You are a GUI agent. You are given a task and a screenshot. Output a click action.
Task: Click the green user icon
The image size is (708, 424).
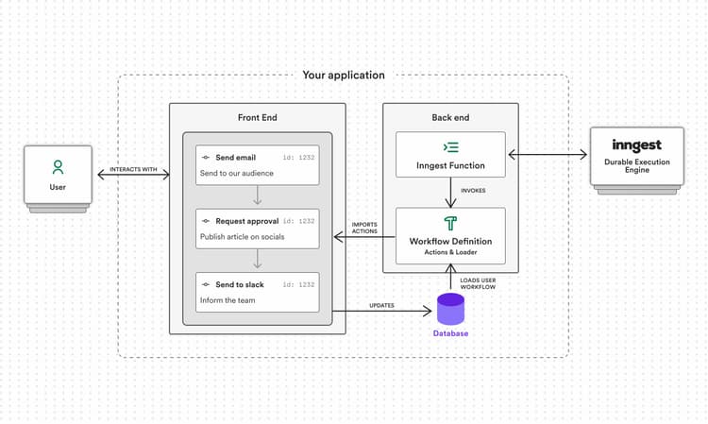coord(58,167)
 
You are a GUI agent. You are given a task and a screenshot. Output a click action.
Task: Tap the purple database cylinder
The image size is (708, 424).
coord(450,309)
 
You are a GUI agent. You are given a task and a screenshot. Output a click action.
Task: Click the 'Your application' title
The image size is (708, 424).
coord(344,75)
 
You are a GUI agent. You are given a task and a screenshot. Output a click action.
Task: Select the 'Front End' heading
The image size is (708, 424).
coord(257,118)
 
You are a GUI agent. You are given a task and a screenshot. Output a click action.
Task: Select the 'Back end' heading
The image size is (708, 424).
coord(450,118)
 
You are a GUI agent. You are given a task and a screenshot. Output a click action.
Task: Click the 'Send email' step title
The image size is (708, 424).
coord(235,156)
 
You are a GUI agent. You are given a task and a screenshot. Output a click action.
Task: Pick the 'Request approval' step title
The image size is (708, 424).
coord(246,220)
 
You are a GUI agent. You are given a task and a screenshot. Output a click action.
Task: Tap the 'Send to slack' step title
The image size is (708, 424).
coord(241,284)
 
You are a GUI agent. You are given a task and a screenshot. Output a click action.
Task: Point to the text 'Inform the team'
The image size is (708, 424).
coord(228,300)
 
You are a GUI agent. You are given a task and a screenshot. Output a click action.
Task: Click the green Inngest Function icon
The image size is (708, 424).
coord(450,147)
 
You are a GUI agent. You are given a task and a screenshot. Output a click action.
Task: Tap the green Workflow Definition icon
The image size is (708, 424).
coord(450,224)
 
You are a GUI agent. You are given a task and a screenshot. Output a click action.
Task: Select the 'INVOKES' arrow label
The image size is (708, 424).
coord(473,191)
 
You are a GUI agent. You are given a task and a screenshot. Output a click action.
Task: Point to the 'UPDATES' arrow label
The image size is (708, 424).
coord(382,304)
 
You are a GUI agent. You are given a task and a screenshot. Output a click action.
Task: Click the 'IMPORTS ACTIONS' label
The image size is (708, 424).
coord(364,228)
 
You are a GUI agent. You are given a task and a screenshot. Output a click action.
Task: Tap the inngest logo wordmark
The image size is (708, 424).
coord(636,145)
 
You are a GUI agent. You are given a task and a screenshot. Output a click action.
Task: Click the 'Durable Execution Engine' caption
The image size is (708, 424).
coord(636,167)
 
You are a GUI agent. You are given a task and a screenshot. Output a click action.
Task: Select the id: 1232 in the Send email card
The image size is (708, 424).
coord(298,156)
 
